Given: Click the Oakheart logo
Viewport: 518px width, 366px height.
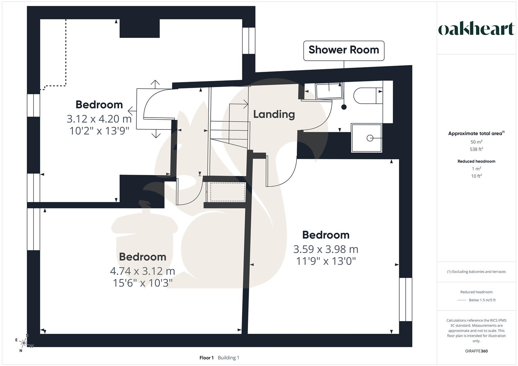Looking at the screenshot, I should point(476,29).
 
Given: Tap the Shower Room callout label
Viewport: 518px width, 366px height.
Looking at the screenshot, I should point(344,50).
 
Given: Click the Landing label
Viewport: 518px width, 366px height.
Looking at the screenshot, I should point(274,115).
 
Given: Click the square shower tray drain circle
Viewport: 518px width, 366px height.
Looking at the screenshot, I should point(370,138).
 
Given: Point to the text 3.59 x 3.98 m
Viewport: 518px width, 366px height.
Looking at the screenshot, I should point(326,249).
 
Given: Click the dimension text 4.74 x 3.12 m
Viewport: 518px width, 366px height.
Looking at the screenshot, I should point(142,271).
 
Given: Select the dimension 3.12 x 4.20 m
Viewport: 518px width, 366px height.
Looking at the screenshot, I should point(99,119).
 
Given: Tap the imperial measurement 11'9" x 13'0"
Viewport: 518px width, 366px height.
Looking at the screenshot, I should point(326,261).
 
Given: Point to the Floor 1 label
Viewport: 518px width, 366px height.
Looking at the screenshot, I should point(206,358).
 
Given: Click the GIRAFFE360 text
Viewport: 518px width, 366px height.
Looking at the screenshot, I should point(476,351).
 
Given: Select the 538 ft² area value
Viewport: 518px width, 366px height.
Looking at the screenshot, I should point(476,149).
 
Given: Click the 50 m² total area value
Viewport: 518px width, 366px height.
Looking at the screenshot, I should point(476,142).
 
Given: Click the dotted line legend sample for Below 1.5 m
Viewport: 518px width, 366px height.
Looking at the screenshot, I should point(462,300).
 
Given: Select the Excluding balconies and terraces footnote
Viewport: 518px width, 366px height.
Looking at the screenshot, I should point(476,271).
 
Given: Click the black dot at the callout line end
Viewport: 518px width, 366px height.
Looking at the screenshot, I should point(344,107).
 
